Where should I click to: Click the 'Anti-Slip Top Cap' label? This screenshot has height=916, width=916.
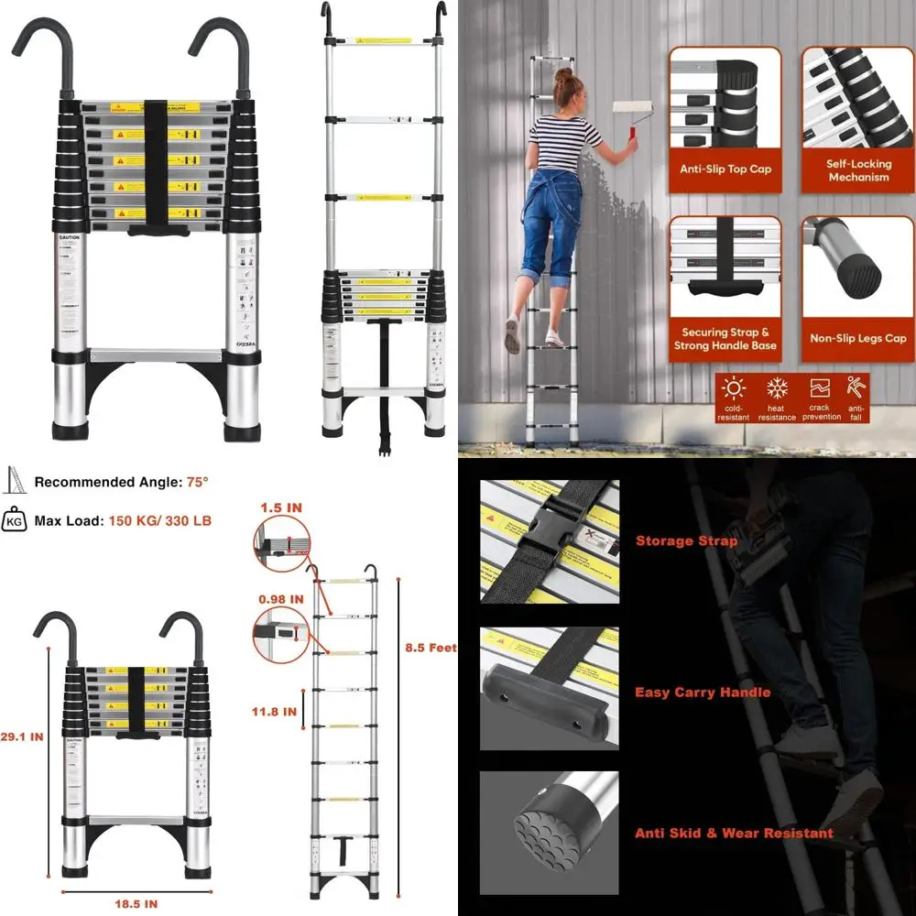tap(725, 169)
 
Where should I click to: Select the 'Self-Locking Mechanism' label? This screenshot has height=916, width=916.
tap(858, 170)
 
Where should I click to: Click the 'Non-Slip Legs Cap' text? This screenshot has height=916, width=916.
tap(858, 338)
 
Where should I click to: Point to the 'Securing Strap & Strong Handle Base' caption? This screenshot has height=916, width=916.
tap(725, 339)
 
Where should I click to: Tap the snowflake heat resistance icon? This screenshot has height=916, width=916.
tap(777, 387)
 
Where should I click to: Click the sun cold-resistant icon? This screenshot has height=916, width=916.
tap(734, 387)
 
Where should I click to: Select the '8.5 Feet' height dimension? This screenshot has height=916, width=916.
tap(431, 648)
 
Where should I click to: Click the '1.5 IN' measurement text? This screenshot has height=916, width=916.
tap(280, 507)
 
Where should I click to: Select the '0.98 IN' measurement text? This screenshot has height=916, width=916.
tap(280, 599)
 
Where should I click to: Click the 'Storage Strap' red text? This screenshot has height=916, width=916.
tap(686, 541)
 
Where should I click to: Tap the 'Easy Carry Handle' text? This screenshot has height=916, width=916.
tap(703, 692)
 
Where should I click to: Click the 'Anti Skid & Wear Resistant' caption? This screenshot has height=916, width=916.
tap(734, 833)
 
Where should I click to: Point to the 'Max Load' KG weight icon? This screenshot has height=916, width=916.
tap(15, 520)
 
